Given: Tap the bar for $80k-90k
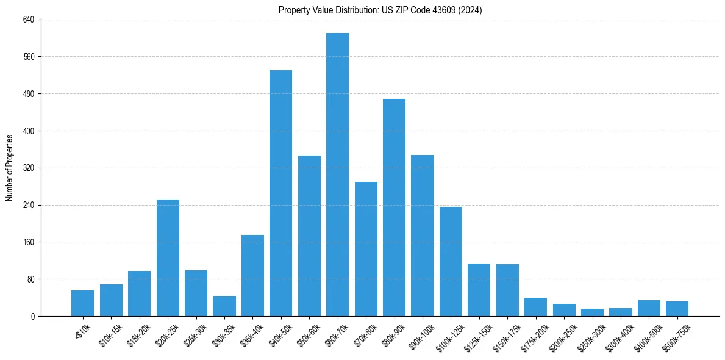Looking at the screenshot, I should pyautogui.click(x=394, y=207).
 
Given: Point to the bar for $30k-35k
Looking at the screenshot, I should pyautogui.click(x=224, y=306).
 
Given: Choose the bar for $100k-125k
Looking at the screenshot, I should pyautogui.click(x=451, y=261).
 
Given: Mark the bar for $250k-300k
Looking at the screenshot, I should pyautogui.click(x=592, y=312).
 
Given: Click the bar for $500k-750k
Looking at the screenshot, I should pyautogui.click(x=677, y=309).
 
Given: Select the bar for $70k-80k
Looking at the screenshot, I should pyautogui.click(x=366, y=249).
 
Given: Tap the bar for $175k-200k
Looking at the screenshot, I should pyautogui.click(x=535, y=307).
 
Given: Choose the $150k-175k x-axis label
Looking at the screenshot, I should pyautogui.click(x=506, y=334).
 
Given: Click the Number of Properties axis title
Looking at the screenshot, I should pyautogui.click(x=9, y=168).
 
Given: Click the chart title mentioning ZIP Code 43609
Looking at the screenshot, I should pyautogui.click(x=380, y=10).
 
